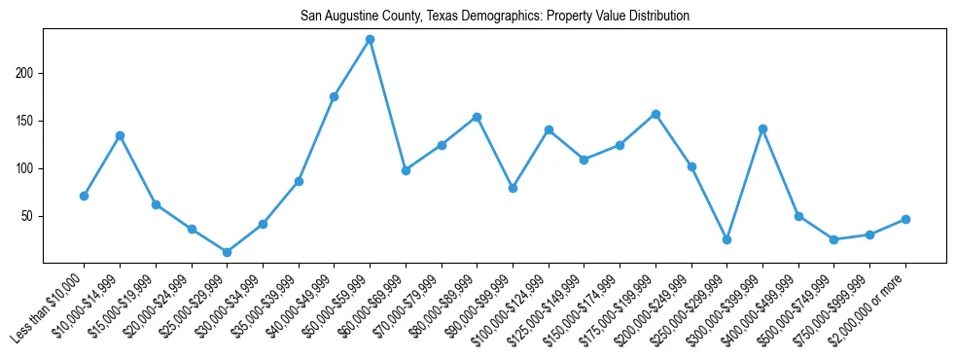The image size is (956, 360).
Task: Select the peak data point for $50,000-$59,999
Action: (x=370, y=40)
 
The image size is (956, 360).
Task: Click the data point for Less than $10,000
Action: (x=84, y=196)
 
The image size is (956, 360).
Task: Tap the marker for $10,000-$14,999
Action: (x=120, y=135)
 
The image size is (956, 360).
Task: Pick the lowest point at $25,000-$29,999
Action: (x=227, y=252)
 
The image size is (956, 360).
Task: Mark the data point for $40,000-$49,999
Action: (x=334, y=96)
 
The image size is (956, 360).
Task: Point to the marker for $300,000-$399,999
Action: (x=762, y=128)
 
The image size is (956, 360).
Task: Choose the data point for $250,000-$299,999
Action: (x=726, y=239)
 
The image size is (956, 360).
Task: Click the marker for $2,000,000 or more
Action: (x=905, y=219)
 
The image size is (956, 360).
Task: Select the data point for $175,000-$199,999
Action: (x=655, y=114)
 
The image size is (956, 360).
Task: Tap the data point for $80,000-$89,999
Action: (x=477, y=117)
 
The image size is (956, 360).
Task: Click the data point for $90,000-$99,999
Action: (x=513, y=188)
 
